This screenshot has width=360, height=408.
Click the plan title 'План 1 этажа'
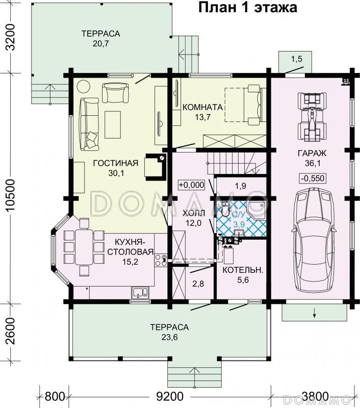point(248,8)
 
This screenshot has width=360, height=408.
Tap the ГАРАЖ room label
point(312,154)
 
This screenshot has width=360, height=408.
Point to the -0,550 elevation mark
point(313,178)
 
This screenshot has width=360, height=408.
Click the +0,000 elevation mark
point(191,185)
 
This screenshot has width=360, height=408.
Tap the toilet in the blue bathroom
point(225,209)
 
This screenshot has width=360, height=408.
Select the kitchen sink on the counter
point(140,292)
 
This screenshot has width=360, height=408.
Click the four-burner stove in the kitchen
point(161,260)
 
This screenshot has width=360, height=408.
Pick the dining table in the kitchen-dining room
point(84,247)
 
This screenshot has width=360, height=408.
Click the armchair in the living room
point(115,93)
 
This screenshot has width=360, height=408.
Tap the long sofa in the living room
point(89,124)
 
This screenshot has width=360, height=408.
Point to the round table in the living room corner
point(84,86)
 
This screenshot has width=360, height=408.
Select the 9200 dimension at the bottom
point(170,397)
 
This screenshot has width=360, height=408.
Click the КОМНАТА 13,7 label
point(202,112)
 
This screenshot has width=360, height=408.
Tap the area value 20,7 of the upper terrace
point(100,43)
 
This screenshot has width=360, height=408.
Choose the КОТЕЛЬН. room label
point(243,270)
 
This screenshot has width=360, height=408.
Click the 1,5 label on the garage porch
point(297,59)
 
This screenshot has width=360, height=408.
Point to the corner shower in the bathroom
point(256,210)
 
